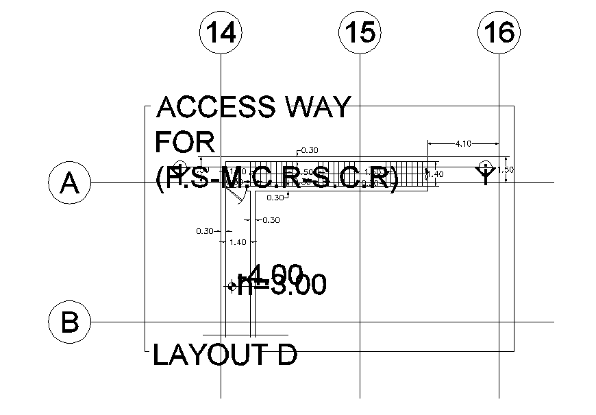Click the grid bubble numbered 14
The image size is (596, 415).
pyautogui.click(x=221, y=33)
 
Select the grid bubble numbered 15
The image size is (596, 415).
pyautogui.click(x=360, y=33)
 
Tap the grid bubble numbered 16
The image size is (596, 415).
pyautogui.click(x=499, y=33)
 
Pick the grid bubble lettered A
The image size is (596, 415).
pyautogui.click(x=69, y=183)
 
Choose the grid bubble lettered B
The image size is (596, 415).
pyautogui.click(x=69, y=322)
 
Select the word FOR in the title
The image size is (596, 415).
pyautogui.click(x=185, y=143)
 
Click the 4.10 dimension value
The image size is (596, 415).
pyautogui.click(x=462, y=143)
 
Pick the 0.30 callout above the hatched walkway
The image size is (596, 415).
pyautogui.click(x=309, y=150)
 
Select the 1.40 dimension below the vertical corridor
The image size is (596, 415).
pyautogui.click(x=237, y=242)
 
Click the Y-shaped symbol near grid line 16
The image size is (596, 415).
pyautogui.click(x=486, y=174)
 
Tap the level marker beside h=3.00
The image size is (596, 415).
pyautogui.click(x=232, y=287)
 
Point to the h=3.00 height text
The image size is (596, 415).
pyautogui.click(x=281, y=285)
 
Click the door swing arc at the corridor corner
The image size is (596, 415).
pyautogui.click(x=237, y=194)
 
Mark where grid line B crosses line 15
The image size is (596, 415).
pyautogui.click(x=360, y=322)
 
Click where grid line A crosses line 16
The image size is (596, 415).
pyautogui.click(x=499, y=183)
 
